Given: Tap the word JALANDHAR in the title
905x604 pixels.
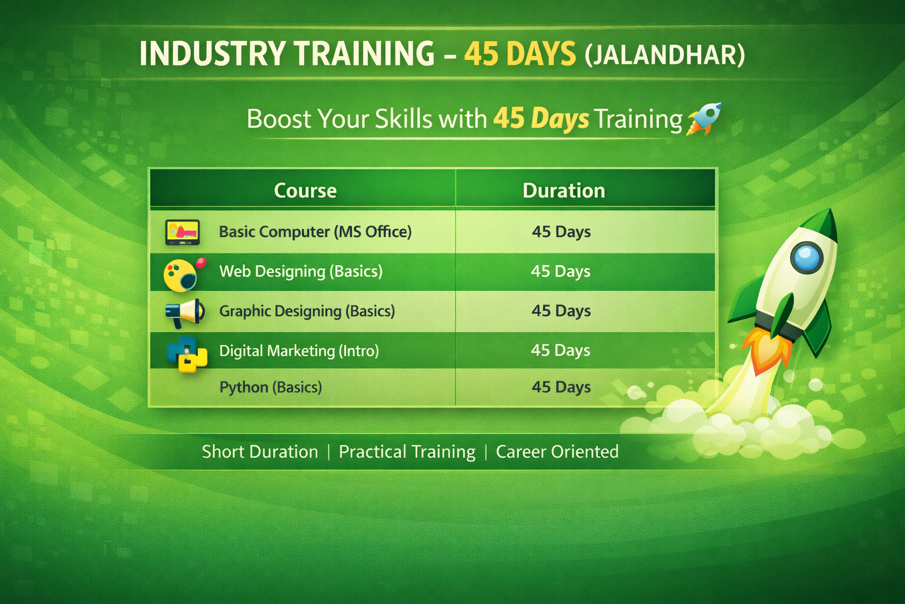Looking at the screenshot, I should point(665,55).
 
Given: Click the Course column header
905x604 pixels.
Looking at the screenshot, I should point(305,191).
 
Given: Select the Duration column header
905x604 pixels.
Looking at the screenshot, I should point(563,191).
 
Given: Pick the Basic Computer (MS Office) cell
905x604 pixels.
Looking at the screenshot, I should point(315,232).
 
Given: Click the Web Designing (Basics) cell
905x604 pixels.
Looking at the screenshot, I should point(300,271).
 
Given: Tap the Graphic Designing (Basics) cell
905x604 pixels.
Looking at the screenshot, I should point(307,311).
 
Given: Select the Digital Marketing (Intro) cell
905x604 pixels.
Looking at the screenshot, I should point(299,351).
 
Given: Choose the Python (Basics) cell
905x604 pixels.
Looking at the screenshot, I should point(270,388).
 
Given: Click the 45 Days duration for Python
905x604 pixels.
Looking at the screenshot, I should point(561,388).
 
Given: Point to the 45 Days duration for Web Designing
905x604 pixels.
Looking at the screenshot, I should point(560,271).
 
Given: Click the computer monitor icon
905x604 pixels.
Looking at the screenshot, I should point(182,232).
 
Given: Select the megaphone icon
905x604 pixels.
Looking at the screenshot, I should point(184,313).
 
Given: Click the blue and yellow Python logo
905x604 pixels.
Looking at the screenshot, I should point(187,354).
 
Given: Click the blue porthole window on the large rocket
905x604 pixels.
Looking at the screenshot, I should point(806,257).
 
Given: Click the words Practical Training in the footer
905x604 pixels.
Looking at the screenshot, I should point(407,452).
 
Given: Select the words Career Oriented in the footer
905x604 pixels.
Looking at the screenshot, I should point(557,452).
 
